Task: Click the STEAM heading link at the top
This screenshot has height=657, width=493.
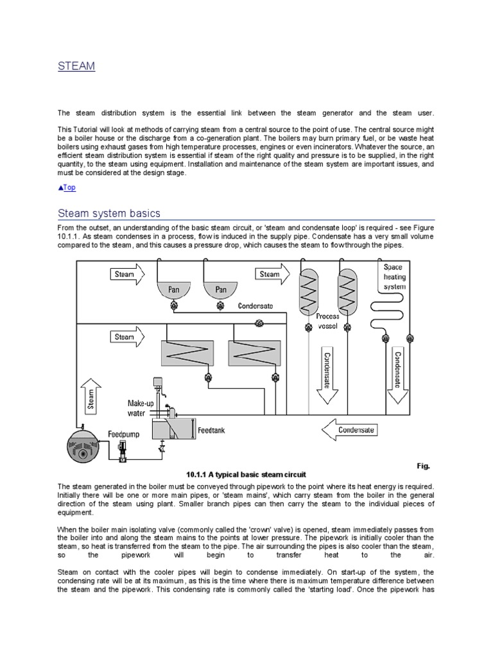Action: tap(76, 66)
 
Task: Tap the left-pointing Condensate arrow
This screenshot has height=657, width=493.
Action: tap(352, 430)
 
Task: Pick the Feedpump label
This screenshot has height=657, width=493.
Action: tap(123, 434)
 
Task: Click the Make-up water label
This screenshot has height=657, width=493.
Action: tap(142, 408)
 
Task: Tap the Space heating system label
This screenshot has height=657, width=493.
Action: tap(394, 277)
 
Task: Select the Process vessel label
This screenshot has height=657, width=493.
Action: tap(327, 321)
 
